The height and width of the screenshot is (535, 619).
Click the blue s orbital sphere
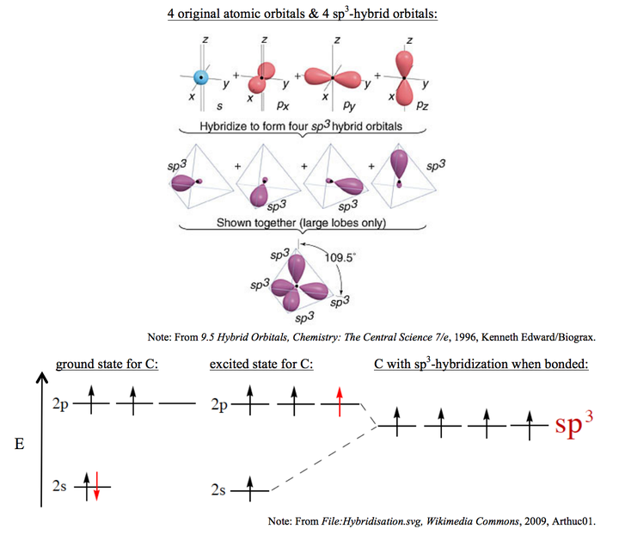[x=201, y=77]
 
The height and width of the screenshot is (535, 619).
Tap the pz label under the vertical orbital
[x=422, y=105]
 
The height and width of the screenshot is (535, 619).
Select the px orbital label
[x=283, y=105]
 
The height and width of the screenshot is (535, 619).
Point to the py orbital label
[x=349, y=106]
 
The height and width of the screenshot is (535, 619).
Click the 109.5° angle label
[x=340, y=258]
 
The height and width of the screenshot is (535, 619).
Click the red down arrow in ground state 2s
[x=96, y=486]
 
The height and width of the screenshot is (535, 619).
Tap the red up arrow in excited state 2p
[x=340, y=402]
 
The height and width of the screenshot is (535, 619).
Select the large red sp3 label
[x=574, y=424]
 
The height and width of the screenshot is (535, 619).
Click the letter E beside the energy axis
[x=19, y=444]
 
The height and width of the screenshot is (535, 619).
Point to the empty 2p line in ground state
[x=177, y=403]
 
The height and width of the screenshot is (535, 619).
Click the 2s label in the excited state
[x=218, y=490]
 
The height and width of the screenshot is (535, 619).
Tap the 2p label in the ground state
[x=60, y=404]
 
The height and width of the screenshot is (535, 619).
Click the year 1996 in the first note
[x=465, y=337]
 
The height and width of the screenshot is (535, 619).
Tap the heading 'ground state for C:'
[x=107, y=364]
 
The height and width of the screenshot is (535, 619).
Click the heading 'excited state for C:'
[x=261, y=364]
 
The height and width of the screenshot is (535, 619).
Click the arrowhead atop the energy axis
[x=41, y=377]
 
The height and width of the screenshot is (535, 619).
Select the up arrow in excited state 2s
[x=250, y=489]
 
